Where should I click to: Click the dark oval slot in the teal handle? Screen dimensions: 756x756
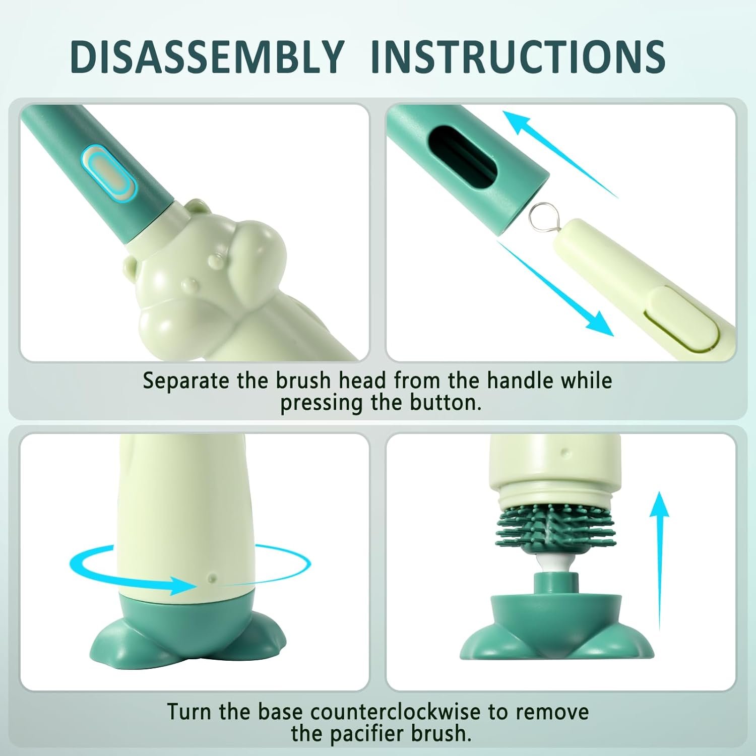click(x=463, y=160)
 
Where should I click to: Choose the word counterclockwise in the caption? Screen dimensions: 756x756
click(x=395, y=712)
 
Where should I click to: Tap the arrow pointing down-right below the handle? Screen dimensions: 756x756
click(x=554, y=288)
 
